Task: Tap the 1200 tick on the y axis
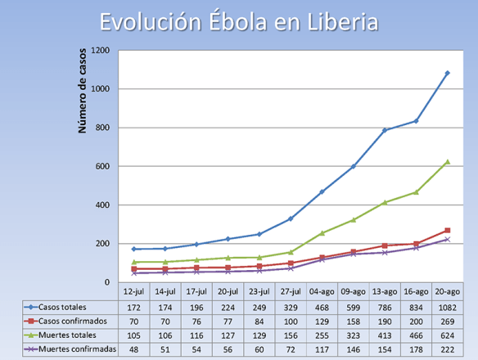(x=101, y=51)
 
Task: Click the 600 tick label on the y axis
(x=103, y=166)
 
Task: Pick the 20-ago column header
(x=447, y=291)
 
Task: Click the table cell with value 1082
(x=447, y=306)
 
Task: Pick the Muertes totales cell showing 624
(x=447, y=335)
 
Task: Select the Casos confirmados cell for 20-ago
(x=447, y=320)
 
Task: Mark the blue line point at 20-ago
(x=447, y=74)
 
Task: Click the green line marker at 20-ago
(x=447, y=162)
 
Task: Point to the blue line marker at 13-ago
(x=385, y=130)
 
